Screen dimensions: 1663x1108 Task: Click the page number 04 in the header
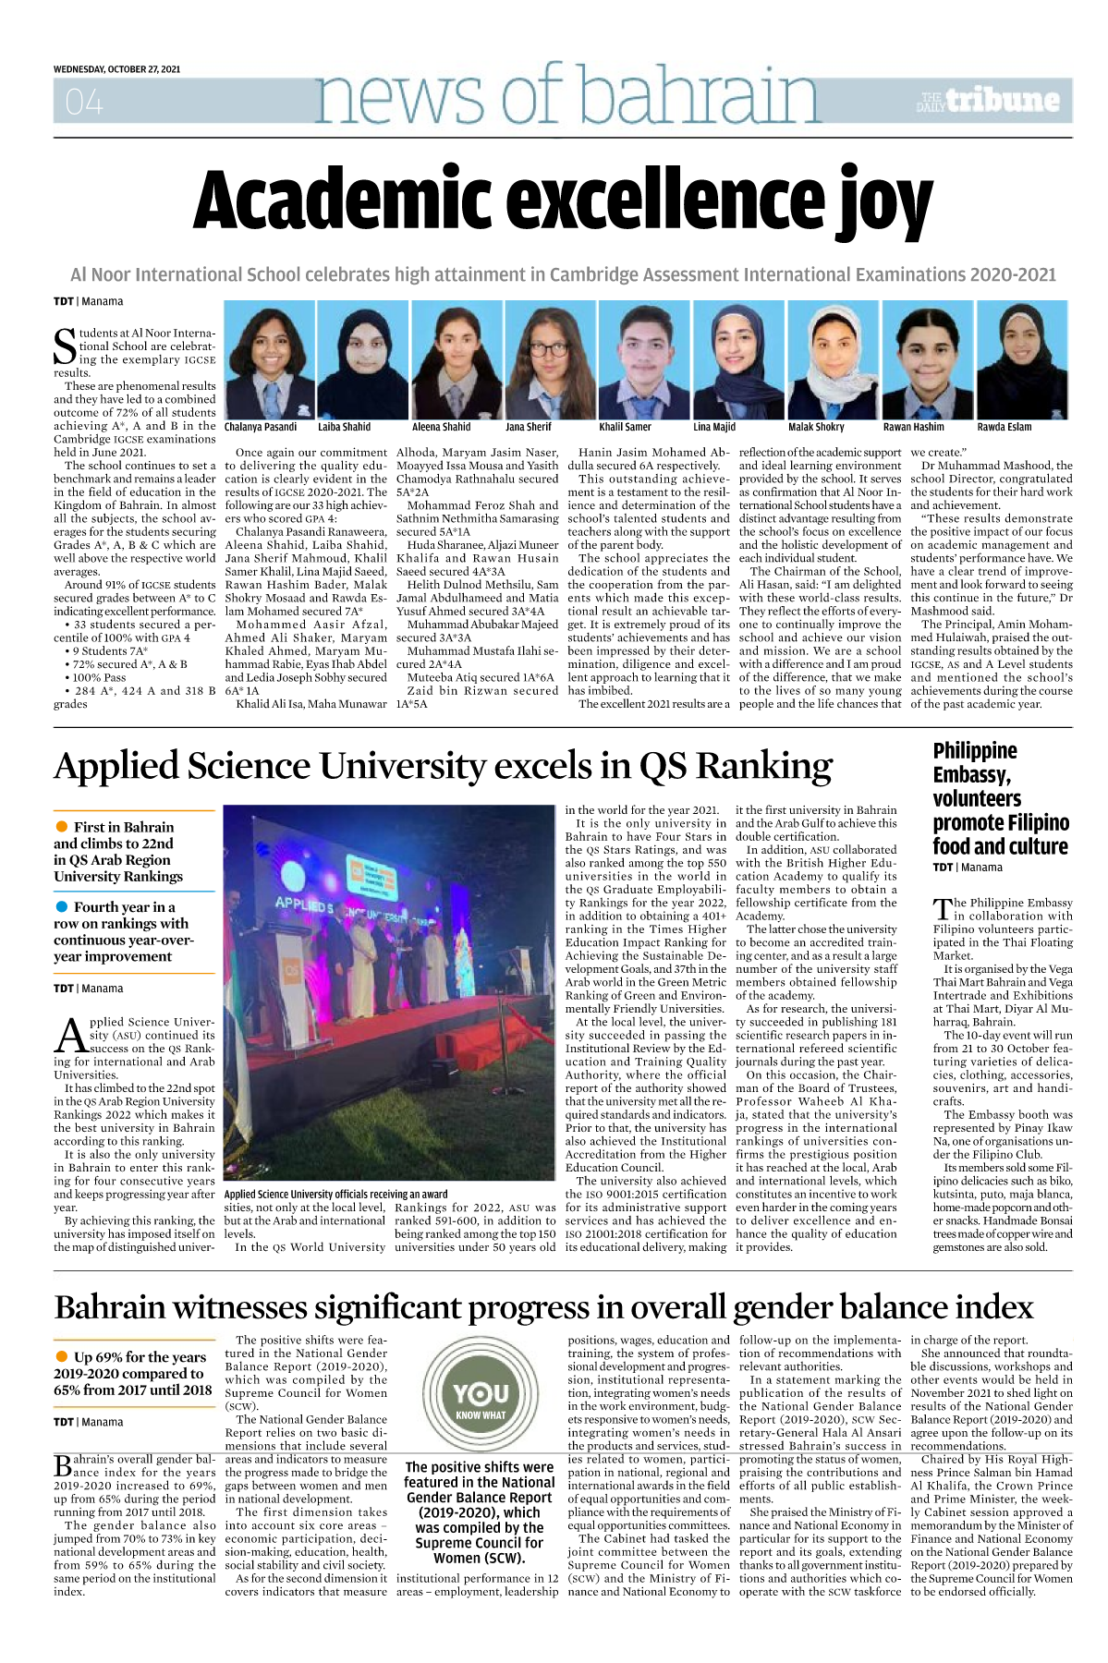(x=84, y=102)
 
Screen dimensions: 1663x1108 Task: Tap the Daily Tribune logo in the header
(x=988, y=101)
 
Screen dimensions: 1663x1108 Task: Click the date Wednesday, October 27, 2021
(x=116, y=69)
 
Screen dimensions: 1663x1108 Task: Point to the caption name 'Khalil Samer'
(x=625, y=427)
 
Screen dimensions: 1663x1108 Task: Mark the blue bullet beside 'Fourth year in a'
(x=62, y=906)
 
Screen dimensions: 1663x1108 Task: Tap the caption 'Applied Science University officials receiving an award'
(x=335, y=1195)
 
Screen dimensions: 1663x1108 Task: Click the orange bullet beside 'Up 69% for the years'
(x=62, y=1356)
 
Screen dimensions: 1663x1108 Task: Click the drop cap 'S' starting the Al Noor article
(x=65, y=346)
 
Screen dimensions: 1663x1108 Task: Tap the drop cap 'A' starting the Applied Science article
(x=70, y=1036)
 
